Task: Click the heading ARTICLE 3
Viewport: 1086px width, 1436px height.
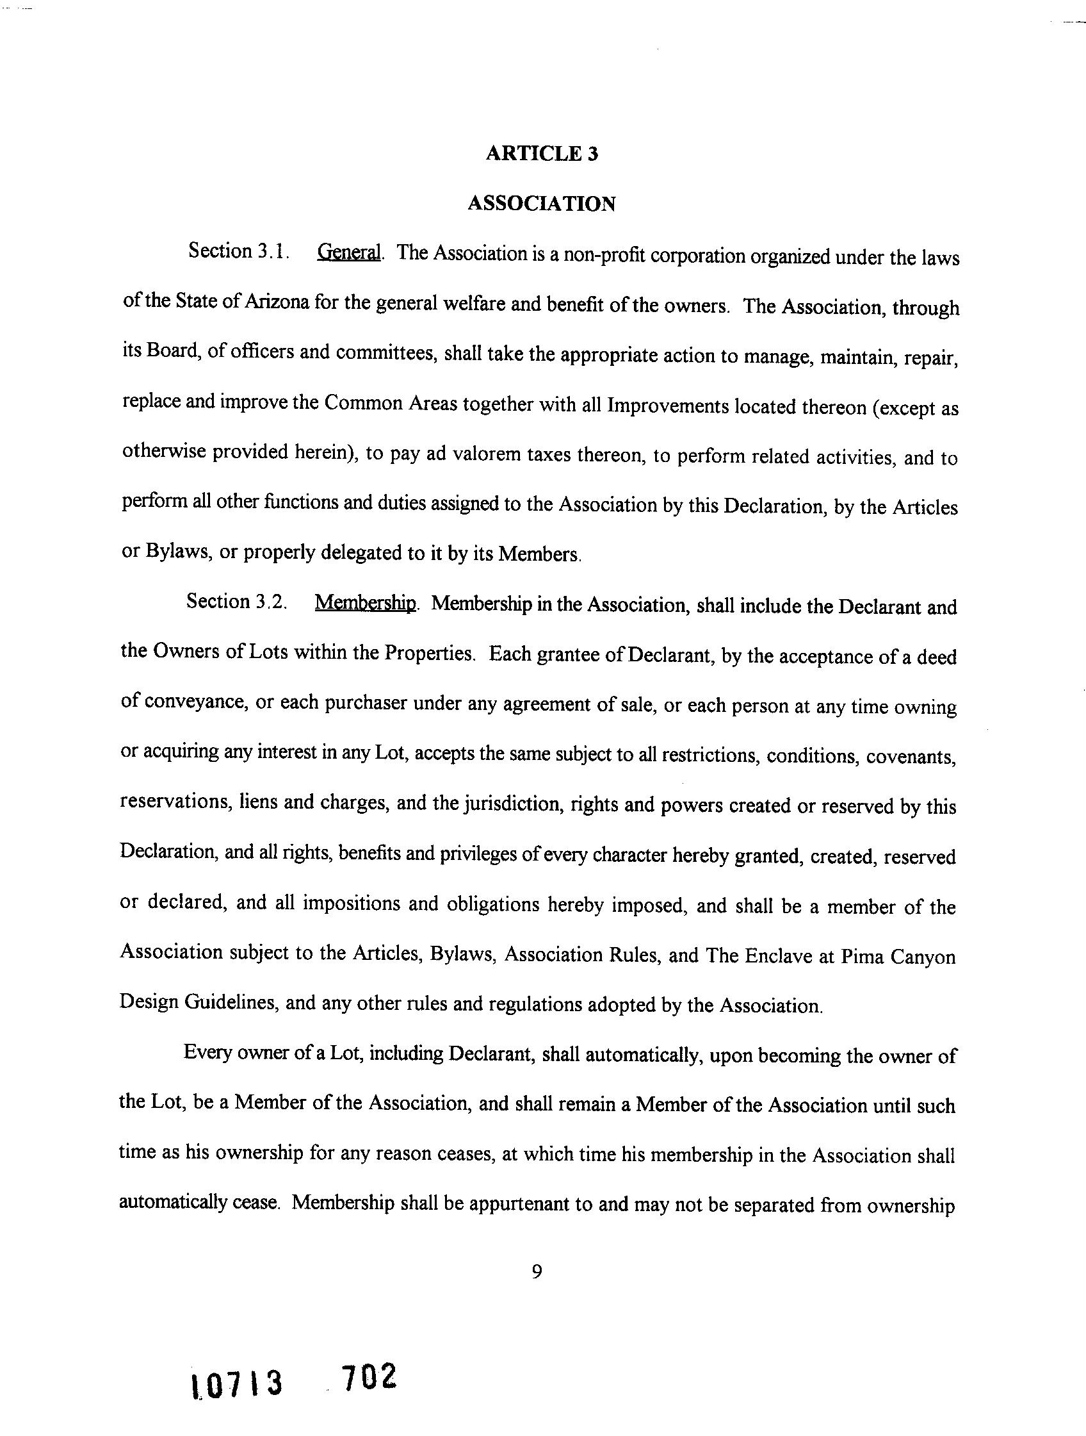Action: tap(542, 154)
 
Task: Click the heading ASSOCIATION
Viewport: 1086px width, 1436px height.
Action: tap(541, 204)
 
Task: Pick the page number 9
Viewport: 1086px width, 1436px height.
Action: tap(537, 1271)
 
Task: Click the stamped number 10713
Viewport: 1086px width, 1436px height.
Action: tap(237, 1383)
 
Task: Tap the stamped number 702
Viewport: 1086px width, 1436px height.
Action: tap(368, 1376)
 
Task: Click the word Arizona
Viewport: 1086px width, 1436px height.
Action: tap(275, 302)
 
